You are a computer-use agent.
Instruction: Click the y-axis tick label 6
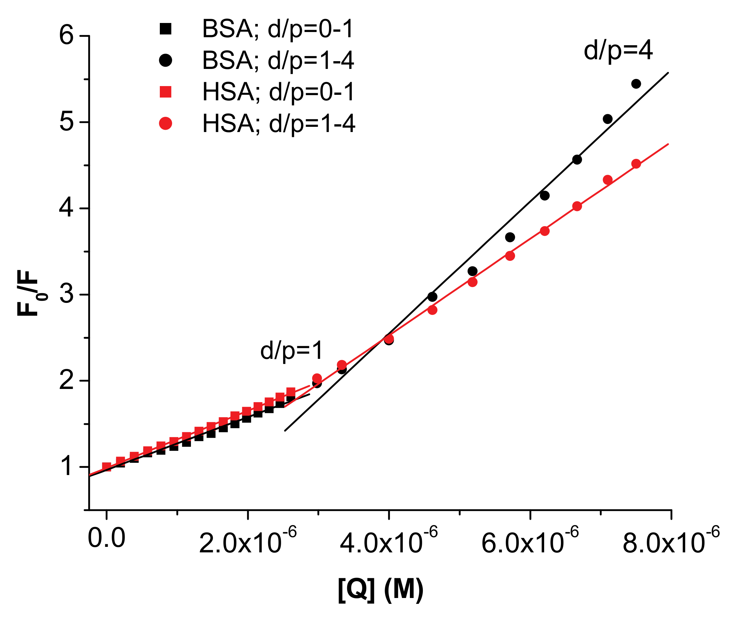point(67,36)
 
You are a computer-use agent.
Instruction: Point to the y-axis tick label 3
point(67,294)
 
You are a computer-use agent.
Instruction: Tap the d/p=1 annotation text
point(291,350)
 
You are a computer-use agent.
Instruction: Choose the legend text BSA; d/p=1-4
point(278,61)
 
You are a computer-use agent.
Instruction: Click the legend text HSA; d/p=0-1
point(278,92)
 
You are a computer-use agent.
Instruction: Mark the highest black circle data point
point(636,84)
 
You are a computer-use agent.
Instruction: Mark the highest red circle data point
point(636,164)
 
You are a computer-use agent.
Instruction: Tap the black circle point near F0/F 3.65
point(510,237)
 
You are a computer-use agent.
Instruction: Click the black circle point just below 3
point(433,297)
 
